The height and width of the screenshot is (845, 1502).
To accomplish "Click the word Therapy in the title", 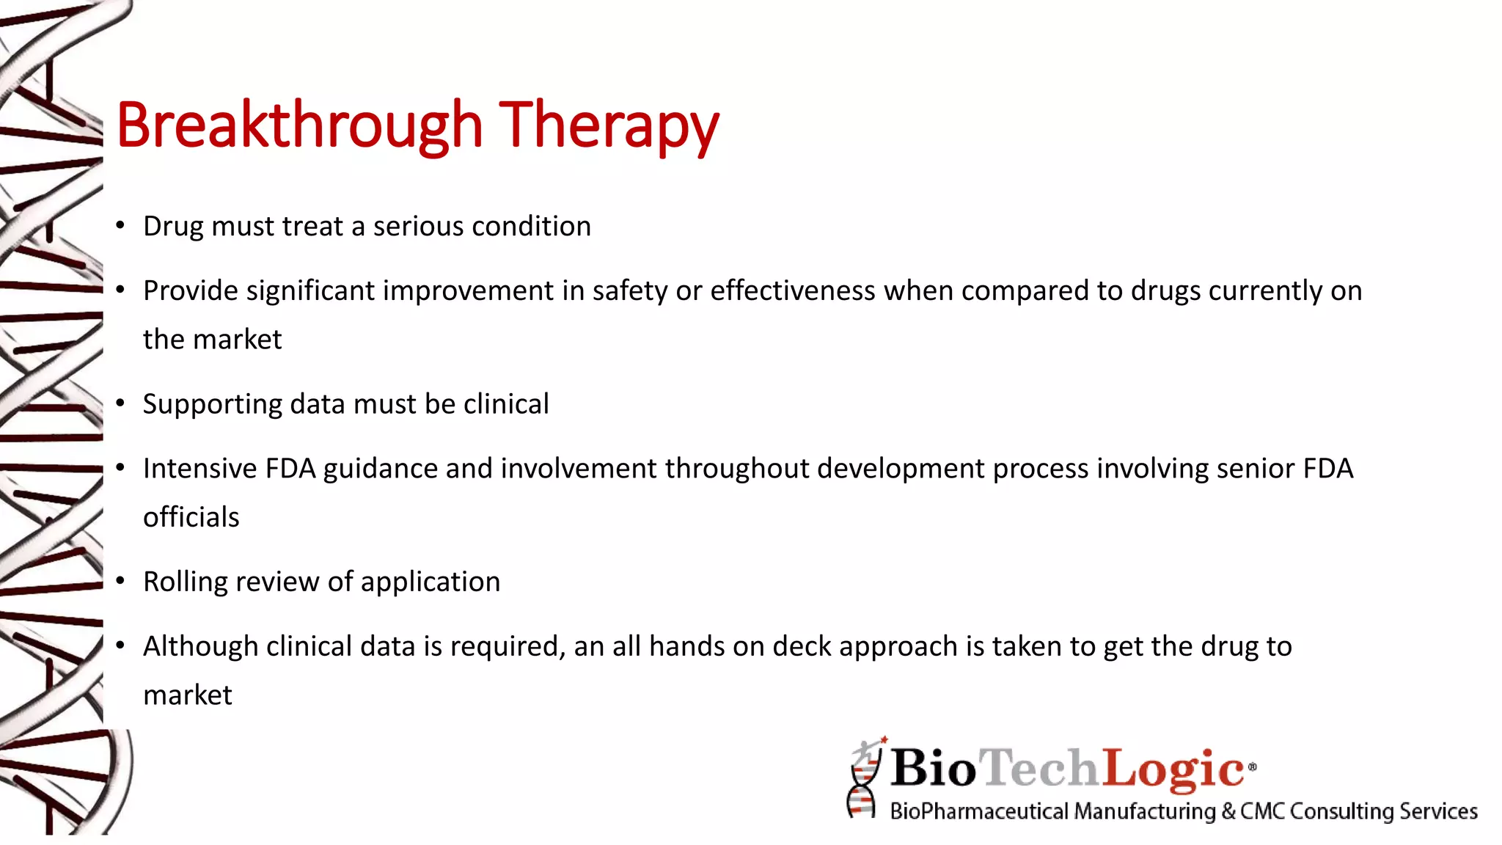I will pyautogui.click(x=609, y=126).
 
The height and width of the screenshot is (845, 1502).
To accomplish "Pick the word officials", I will pyautogui.click(x=191, y=517).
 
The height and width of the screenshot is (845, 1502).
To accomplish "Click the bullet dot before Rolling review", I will pyautogui.click(x=120, y=582).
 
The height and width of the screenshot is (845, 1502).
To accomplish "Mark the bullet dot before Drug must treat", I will pyautogui.click(x=120, y=226).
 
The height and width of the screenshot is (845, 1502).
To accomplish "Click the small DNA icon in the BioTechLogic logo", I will pyautogui.click(x=864, y=779).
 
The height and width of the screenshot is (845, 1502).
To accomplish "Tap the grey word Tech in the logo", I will pyautogui.click(x=1040, y=768).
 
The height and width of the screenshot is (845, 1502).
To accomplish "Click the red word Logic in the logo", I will pyautogui.click(x=1173, y=768).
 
